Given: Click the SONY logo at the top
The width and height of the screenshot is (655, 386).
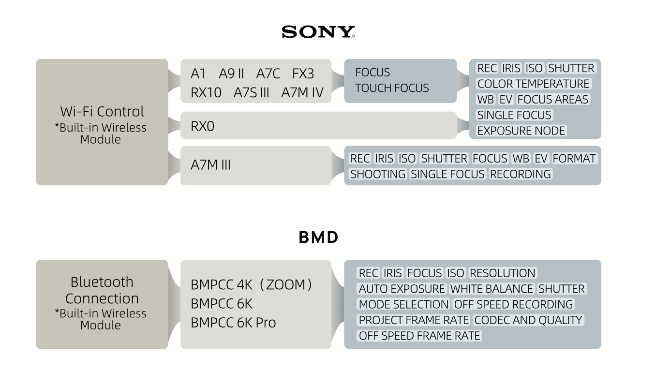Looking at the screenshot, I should tap(318, 32).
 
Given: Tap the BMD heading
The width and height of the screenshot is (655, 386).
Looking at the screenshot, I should tap(318, 238).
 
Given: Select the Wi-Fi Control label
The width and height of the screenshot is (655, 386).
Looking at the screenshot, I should tap(102, 112).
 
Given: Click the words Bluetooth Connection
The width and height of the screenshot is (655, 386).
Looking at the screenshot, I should tap(102, 290).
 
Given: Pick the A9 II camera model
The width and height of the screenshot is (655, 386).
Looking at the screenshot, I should tap(231, 74).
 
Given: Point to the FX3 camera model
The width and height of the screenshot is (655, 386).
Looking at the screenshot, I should tap(303, 74).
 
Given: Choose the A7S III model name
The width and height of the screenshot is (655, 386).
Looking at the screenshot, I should tap(251, 92).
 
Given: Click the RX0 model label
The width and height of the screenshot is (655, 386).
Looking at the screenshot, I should tap(202, 126).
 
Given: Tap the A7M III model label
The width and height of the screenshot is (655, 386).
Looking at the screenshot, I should tap(210, 165).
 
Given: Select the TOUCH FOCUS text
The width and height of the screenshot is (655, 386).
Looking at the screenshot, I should tap(392, 88).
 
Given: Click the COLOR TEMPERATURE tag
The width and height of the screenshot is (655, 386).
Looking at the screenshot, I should tap(533, 84).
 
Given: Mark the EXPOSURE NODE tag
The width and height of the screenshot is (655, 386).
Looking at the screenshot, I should tap(521, 131).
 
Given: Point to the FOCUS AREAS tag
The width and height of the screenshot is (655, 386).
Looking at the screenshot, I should tap(552, 100).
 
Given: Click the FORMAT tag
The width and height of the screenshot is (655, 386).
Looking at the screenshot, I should tap(574, 159).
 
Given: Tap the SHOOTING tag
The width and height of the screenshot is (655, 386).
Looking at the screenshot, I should tap(378, 174).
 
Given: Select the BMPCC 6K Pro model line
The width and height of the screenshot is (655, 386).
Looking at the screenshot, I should tap(233, 323).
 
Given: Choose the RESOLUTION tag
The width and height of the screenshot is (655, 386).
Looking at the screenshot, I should tap(503, 273).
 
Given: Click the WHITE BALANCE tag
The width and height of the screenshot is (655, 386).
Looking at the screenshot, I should tap(491, 289).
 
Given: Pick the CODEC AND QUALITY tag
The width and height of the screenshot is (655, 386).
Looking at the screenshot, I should tap(528, 320).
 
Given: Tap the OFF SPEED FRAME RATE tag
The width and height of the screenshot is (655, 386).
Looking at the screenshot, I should tap(419, 336).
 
